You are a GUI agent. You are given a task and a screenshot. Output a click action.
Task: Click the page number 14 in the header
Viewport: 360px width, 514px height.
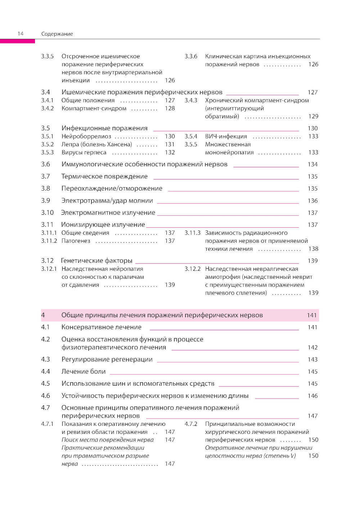coord(21,33)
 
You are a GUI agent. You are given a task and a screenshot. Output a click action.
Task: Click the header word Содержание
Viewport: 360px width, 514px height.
coord(57,34)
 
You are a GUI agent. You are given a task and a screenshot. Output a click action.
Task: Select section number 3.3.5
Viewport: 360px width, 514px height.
coord(47,56)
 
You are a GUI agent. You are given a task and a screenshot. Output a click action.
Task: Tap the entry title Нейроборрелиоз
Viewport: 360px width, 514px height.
coord(86,136)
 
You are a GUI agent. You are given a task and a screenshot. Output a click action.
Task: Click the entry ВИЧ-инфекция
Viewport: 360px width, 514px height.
coord(226,136)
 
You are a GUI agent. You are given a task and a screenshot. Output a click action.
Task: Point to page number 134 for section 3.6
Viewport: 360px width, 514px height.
coord(312,164)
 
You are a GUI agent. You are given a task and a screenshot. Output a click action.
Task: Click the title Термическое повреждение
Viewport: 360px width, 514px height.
coord(104,176)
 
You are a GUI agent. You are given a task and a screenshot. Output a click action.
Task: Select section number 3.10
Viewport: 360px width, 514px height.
coord(47,213)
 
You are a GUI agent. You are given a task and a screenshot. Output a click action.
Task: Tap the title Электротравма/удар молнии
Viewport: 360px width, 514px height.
coord(107,201)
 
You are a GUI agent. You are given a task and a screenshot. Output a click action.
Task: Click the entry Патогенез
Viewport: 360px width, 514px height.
coord(76,241)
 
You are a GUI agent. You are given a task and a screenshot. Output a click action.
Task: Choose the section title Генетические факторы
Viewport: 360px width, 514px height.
coord(96,260)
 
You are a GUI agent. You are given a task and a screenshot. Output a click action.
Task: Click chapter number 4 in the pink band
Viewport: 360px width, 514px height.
coord(43,315)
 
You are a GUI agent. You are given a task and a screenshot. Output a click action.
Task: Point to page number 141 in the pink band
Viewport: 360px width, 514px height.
coord(311,315)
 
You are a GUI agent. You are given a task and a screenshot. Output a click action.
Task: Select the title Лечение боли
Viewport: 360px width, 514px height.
coord(84,372)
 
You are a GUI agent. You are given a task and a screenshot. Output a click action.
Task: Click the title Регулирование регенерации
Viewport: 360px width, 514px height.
coord(107,359)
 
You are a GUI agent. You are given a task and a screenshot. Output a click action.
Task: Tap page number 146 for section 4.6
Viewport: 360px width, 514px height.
coord(312,396)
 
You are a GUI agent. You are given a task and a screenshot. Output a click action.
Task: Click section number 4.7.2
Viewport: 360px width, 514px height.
coord(191,424)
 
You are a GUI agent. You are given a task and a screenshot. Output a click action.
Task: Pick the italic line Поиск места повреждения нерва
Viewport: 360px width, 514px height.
coord(107,440)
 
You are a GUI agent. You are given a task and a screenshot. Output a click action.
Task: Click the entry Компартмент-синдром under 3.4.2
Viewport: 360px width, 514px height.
coord(94,108)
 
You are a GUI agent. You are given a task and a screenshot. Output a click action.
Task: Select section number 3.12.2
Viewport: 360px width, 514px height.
coord(192,269)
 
